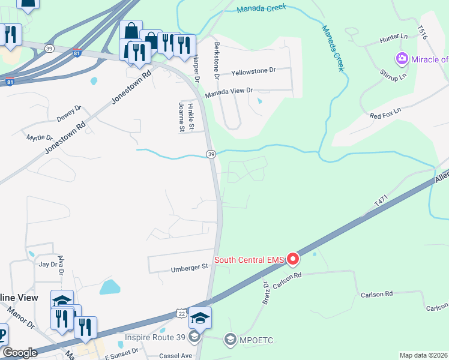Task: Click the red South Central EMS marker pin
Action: pos(293,259)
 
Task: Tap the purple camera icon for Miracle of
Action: pos(402,59)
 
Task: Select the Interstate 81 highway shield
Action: pos(76,52)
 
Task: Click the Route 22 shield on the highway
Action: pos(181,313)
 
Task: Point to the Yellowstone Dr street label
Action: pos(254,70)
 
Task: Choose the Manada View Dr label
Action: pos(229,91)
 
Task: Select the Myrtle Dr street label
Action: pos(40,137)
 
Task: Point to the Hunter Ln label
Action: pos(393,40)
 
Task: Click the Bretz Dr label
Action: pos(265,294)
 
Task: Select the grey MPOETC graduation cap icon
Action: pos(230,341)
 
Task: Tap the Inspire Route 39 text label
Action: pos(156,337)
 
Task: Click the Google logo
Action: pos(20,353)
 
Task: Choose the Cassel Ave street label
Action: pos(175,356)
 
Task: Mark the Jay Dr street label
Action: pos(47,264)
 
